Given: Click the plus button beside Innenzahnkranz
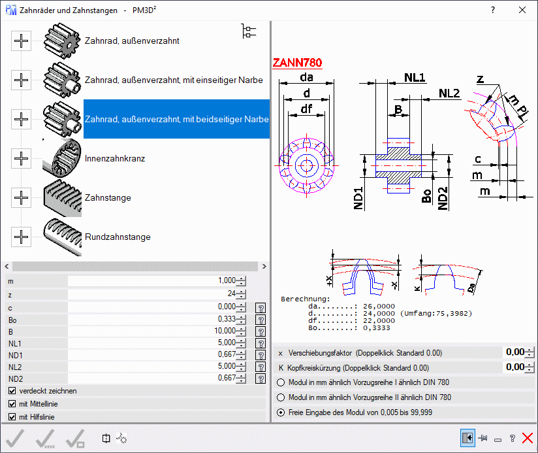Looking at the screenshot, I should (22, 158).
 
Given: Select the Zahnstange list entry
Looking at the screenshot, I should (108, 197).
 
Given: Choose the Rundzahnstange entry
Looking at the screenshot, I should (118, 237).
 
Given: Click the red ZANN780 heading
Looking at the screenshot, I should (297, 63).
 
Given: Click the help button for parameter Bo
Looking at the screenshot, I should (261, 320).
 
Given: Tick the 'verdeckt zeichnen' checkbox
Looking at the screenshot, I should (12, 391).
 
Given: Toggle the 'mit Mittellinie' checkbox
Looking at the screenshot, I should (12, 404).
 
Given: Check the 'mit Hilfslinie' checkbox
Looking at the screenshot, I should (12, 417).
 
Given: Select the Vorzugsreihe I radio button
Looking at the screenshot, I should (281, 382).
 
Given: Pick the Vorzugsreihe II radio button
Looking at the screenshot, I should (281, 397).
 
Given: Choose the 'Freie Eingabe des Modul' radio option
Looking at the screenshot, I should (281, 412).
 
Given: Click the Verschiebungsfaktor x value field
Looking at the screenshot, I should (514, 352).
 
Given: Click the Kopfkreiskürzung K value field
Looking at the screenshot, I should (514, 367).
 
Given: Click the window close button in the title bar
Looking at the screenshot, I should (522, 10).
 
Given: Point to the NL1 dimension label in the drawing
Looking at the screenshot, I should (415, 78).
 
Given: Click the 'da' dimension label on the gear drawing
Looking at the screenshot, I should (306, 78).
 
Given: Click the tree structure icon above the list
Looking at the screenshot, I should (249, 31).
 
